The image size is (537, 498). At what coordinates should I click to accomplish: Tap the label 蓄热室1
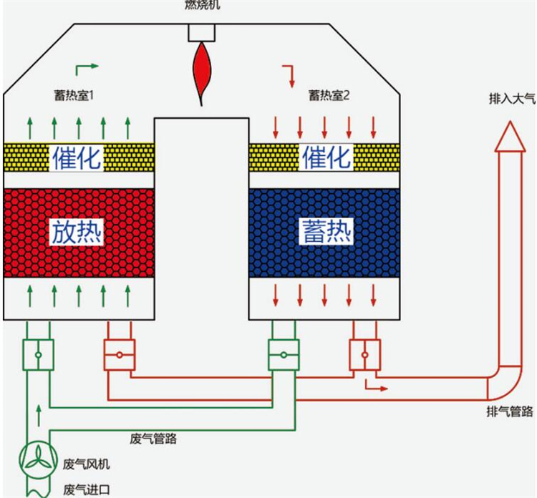74,95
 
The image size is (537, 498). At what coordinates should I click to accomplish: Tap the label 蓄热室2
329,95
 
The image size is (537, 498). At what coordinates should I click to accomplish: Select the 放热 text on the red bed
77,232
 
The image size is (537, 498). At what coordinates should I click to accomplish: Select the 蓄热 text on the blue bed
326,232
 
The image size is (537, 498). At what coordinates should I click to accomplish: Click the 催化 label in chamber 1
77,157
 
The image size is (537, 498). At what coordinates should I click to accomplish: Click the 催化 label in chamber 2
326,157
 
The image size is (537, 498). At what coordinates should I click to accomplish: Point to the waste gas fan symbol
38,459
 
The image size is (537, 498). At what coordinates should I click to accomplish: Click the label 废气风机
87,464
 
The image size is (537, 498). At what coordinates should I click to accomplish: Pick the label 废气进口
87,490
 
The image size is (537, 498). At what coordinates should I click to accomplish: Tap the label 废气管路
153,439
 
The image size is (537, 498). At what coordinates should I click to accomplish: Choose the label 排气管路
510,411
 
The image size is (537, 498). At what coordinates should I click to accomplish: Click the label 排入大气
512,99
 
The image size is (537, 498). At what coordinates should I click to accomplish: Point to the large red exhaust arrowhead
510,137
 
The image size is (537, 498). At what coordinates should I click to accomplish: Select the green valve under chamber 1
39,355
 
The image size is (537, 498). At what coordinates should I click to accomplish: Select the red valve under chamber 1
120,355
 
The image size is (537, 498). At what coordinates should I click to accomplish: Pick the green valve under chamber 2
284,355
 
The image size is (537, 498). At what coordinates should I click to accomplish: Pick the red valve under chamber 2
364,355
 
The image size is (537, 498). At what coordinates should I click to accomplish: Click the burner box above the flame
202,33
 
